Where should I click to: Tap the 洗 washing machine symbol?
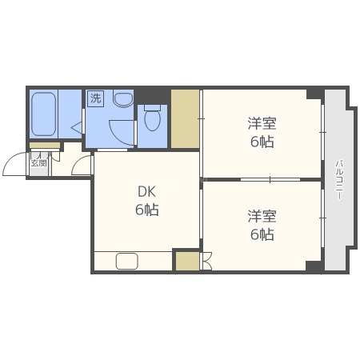pos(96,100)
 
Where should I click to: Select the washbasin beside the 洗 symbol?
pos(122,100)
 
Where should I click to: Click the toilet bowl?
pos(153,121)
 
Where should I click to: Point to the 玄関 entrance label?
pos(38,162)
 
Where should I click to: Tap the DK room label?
pos(146,193)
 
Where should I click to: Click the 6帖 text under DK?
pos(146,210)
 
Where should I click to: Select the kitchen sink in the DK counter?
pos(127,262)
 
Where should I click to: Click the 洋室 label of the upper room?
pos(261,124)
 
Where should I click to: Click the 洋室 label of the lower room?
pos(261,217)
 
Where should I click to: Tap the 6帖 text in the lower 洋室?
pos(261,234)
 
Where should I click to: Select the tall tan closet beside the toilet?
pos(185,119)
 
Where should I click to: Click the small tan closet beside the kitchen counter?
pos(186,262)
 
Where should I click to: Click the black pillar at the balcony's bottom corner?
pos(314,266)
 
